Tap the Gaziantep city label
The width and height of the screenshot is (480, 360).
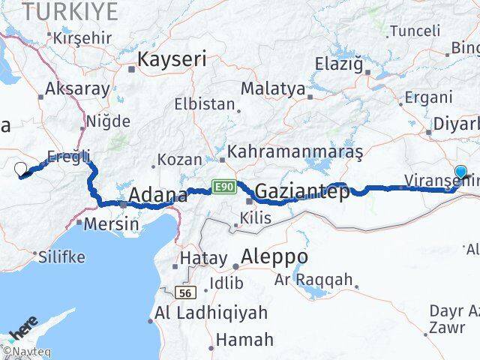(302, 193)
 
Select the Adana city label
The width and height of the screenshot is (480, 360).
(157, 196)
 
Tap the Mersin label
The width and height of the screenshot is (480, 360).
(112, 223)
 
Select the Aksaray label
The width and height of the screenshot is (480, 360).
(78, 88)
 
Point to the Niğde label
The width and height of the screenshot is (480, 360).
(108, 121)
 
